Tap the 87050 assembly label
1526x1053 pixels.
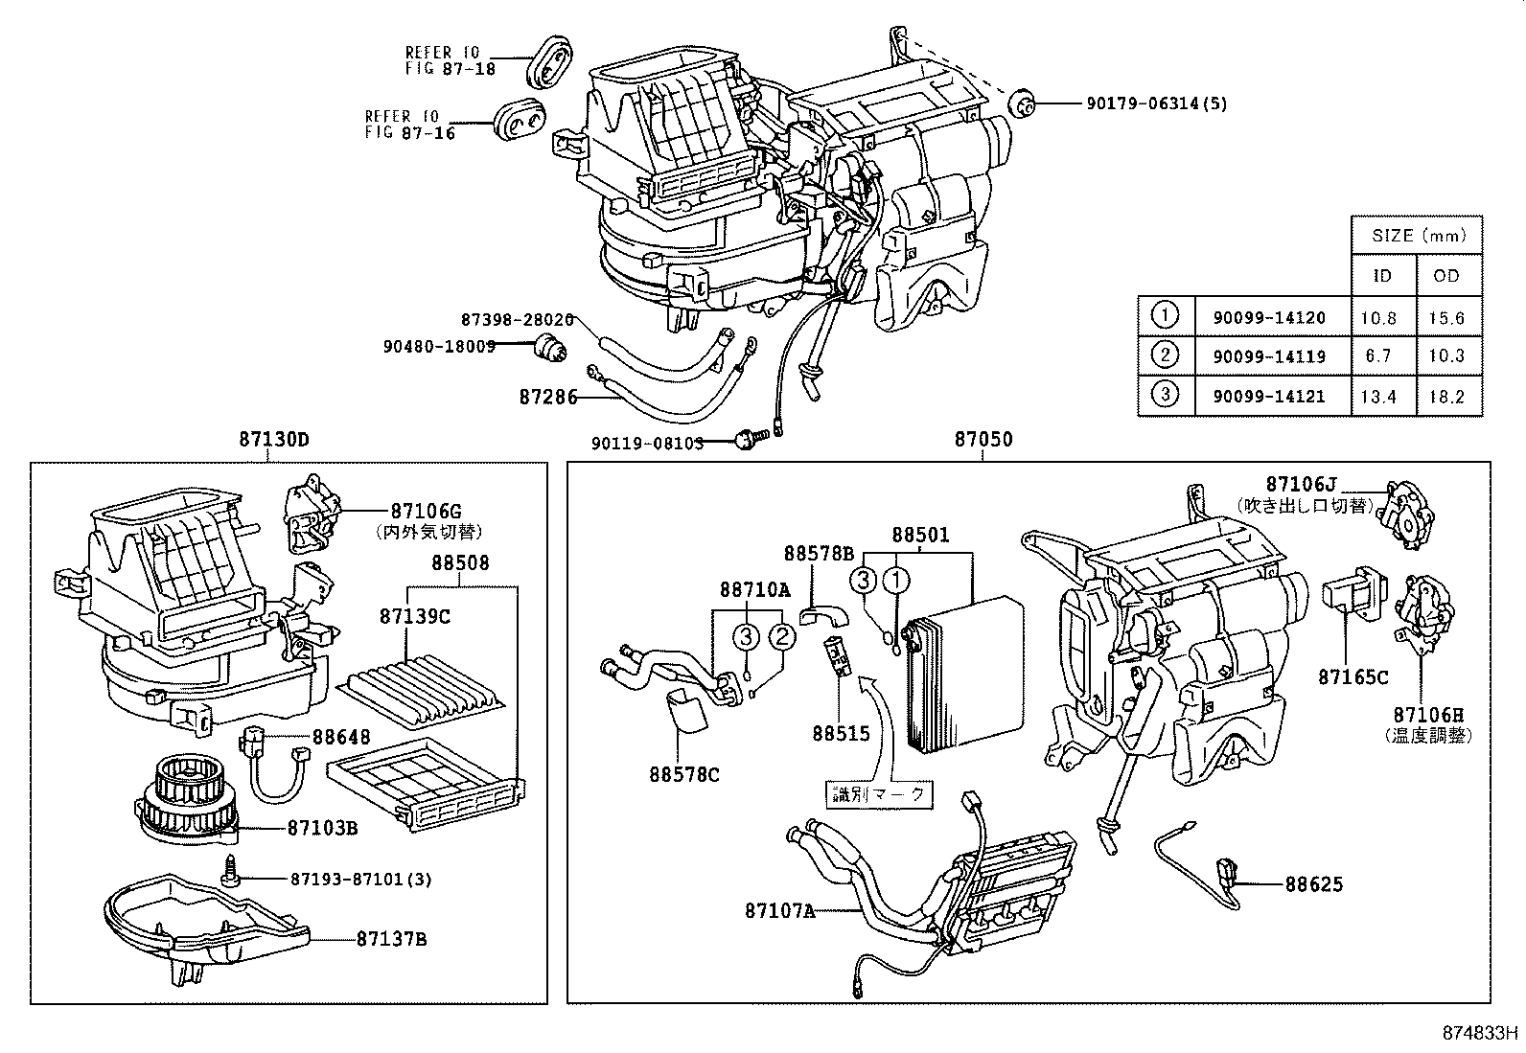(x=983, y=440)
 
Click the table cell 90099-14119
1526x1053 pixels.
(x=1269, y=356)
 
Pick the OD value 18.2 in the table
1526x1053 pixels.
(x=1446, y=396)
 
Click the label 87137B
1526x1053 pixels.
(x=391, y=938)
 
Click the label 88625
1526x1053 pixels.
(x=1314, y=884)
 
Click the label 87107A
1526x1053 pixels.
(x=779, y=911)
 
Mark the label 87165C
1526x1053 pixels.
(x=1353, y=676)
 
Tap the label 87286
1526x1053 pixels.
(x=548, y=396)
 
